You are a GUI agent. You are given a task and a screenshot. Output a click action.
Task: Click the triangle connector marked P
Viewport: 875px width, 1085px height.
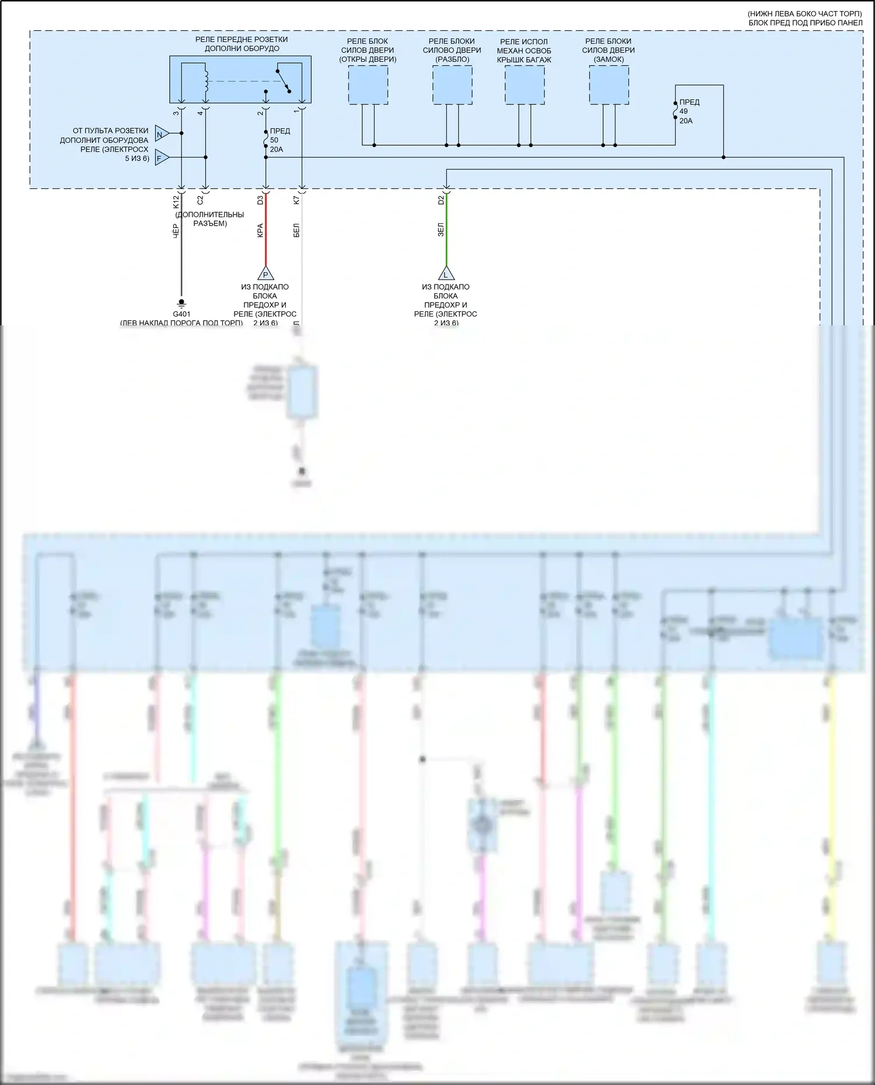tap(265, 273)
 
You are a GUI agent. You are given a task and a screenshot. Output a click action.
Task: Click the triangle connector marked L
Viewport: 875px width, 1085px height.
tap(446, 273)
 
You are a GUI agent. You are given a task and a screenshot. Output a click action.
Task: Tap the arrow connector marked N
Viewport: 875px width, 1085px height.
tap(162, 135)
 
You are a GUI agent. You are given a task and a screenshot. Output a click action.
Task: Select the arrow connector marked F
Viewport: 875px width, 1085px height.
tap(162, 158)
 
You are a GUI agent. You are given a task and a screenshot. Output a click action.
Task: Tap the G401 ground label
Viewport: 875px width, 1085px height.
tap(181, 314)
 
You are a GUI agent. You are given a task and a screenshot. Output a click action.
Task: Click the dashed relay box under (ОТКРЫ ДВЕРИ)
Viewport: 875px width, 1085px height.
tap(368, 85)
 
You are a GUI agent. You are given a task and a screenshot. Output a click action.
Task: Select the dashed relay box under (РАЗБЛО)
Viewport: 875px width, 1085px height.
tap(452, 85)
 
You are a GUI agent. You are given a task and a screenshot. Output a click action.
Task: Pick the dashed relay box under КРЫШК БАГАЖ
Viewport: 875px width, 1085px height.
tap(524, 85)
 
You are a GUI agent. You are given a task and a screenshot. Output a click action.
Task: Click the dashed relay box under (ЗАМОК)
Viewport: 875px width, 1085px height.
tap(608, 85)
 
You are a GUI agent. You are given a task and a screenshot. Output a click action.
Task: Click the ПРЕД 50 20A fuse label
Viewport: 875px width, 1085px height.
tap(279, 140)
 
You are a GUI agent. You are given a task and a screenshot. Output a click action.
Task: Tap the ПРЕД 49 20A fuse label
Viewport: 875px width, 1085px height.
tap(689, 111)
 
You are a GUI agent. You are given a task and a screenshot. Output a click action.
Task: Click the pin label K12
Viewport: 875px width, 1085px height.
tap(176, 202)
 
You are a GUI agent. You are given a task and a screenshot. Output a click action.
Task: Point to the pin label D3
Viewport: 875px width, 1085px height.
tap(260, 200)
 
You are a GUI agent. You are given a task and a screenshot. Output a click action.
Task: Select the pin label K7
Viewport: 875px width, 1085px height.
tap(296, 200)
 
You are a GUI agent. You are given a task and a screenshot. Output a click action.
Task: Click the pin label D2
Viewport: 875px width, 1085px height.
tap(441, 200)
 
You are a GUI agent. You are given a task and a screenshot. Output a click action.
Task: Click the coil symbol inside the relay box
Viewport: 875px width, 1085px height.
tap(205, 82)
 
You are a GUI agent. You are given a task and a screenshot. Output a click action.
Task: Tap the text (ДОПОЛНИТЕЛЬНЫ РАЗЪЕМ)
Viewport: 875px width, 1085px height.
tap(209, 219)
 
